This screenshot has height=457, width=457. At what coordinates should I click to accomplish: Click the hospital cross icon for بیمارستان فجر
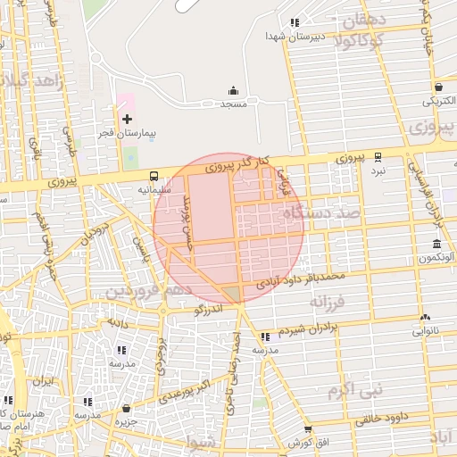click(x=126, y=119)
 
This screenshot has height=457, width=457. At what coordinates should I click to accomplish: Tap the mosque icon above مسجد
click(x=234, y=90)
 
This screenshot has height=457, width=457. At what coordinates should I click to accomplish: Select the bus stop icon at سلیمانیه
click(x=154, y=176)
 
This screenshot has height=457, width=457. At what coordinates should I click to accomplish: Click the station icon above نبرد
click(x=378, y=156)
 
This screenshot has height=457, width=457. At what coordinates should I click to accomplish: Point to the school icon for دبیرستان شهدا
click(x=295, y=23)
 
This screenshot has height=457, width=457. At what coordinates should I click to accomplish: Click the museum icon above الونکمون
click(x=436, y=245)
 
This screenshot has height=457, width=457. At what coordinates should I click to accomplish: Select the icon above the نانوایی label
click(x=426, y=317)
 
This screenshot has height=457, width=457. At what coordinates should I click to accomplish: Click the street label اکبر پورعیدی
click(x=191, y=389)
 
